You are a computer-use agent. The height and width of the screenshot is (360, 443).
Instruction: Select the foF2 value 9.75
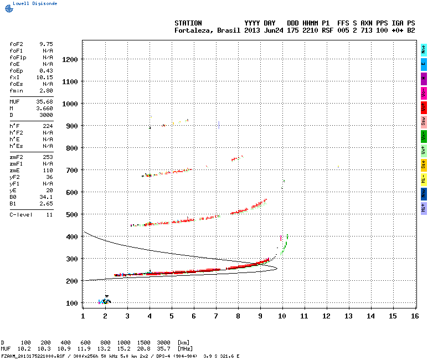45,44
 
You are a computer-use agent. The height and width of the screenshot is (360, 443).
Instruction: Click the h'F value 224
48,126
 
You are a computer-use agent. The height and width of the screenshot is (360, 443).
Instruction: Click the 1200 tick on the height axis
70,59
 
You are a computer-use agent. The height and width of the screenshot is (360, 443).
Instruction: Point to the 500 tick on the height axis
72,214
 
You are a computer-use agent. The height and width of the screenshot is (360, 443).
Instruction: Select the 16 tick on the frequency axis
415,316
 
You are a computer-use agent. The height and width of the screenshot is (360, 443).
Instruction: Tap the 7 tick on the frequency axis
215,316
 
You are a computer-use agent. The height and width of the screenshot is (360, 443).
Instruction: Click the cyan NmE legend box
424,50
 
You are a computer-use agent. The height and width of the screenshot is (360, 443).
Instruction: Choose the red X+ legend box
424,107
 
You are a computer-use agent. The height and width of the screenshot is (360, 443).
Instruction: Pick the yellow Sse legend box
424,164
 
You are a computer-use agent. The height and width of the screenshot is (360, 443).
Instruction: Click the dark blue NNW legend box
424,193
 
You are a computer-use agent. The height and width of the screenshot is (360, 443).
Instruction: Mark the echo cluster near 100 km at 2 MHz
105,301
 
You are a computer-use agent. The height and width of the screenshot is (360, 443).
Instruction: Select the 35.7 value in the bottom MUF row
163,349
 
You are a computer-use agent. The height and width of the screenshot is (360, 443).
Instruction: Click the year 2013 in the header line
252,30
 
